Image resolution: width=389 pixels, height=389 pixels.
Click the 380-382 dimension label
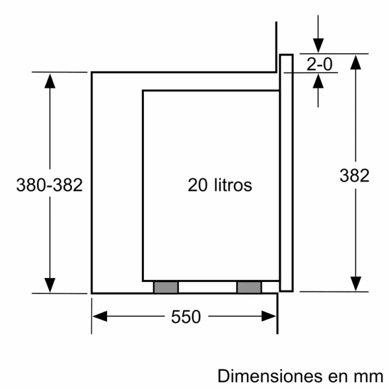pos(49,185)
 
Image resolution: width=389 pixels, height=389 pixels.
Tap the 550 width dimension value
pos(186,317)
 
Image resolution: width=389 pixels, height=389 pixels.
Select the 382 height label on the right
pos(355,175)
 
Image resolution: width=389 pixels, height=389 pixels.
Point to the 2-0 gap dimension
pos(318,64)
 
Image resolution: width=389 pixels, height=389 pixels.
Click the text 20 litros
pos(219,185)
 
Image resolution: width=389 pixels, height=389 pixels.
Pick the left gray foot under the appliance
pos(165,287)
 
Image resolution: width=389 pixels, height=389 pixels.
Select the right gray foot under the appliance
pos(249,287)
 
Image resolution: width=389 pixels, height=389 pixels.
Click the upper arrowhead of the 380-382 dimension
pos(50,80)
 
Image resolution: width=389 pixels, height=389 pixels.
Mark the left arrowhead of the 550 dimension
pos(99,317)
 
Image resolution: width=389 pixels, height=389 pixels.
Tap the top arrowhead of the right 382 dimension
pos(355,62)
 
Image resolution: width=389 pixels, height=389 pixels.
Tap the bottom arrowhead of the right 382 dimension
pos(355,284)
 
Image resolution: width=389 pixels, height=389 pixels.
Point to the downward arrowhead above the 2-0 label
pos(318,46)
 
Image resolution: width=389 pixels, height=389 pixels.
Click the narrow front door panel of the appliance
pos(286,172)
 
